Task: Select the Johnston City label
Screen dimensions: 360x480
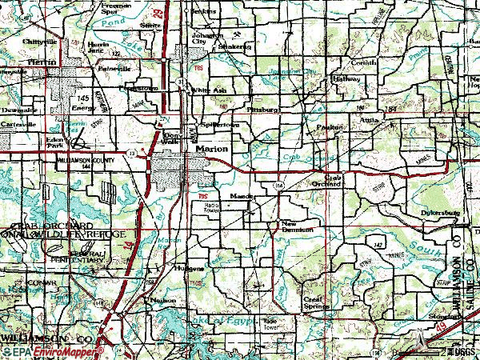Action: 206,39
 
